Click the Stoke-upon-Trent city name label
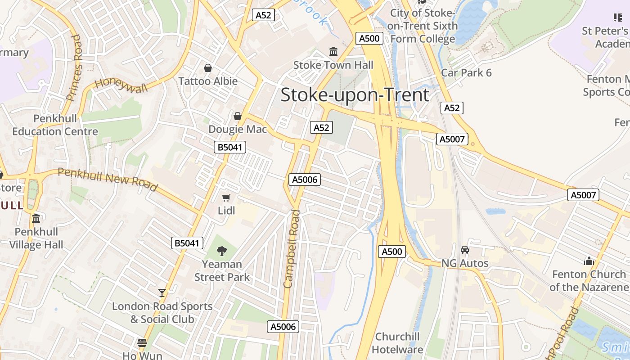click(355, 95)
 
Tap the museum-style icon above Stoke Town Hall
click(333, 51)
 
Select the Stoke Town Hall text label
click(333, 65)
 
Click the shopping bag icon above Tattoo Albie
click(208, 68)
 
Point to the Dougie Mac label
click(238, 130)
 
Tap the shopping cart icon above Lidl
click(226, 198)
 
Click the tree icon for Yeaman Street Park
click(221, 251)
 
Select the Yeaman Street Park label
click(222, 270)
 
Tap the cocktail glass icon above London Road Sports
click(162, 293)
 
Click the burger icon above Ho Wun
click(142, 343)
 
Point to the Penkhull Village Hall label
click(36, 238)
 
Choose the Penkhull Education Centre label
click(55, 125)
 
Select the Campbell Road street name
click(291, 248)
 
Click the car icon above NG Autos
click(465, 249)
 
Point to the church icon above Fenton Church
click(589, 261)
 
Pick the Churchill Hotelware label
click(397, 343)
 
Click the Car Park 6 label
click(466, 73)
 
